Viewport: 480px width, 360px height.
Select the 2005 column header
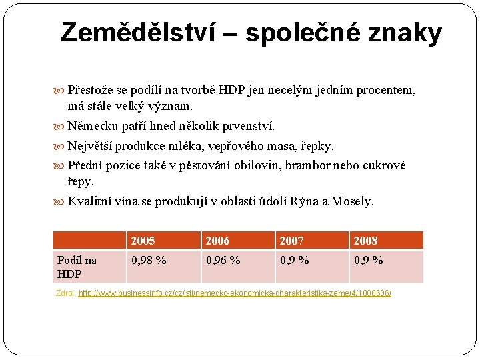(143, 241)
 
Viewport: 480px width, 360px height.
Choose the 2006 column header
(217, 241)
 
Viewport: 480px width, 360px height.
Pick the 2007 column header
(292, 241)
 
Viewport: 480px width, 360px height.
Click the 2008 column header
(366, 241)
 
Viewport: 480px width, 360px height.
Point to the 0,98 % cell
(149, 261)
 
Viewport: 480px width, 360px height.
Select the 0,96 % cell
(223, 261)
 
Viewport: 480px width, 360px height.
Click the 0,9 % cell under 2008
(369, 261)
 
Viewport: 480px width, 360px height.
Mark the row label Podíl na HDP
(77, 267)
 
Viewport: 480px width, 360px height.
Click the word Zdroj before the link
(65, 293)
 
